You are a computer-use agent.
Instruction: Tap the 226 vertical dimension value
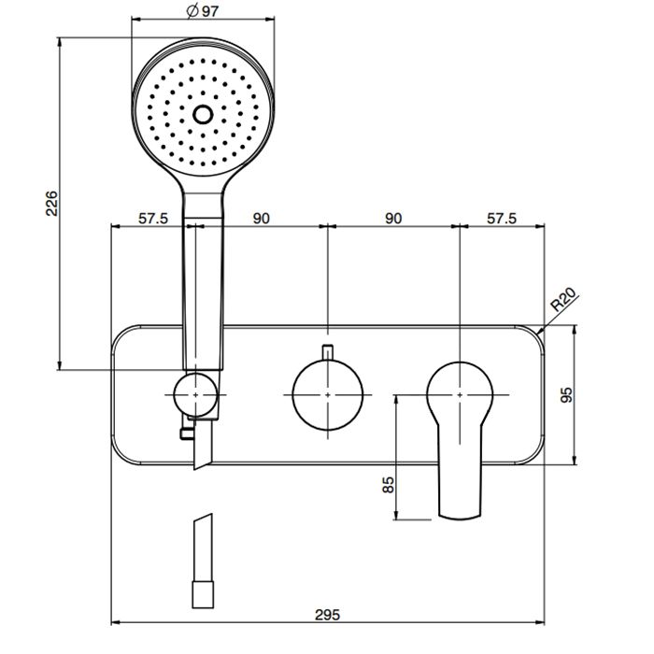52,205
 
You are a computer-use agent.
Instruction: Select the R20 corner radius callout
562,302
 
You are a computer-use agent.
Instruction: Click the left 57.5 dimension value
152,219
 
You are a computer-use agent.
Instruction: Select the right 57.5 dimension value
501,219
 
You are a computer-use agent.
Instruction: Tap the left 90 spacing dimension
262,219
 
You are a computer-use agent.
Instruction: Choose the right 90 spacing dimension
393,219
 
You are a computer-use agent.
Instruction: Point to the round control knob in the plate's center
328,395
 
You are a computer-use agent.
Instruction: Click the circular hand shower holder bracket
195,395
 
